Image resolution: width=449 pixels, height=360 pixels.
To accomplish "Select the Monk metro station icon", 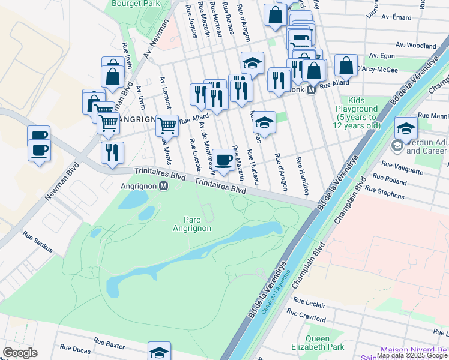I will click(311, 89).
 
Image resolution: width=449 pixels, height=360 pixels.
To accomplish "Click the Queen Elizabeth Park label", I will click(329, 343).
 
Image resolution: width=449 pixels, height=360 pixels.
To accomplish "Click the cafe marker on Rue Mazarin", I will click(224, 160).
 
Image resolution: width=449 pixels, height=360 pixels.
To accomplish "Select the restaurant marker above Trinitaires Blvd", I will click(112, 152).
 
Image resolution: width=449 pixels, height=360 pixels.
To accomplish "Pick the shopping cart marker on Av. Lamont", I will click(167, 125).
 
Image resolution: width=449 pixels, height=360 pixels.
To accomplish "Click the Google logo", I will click(20, 353).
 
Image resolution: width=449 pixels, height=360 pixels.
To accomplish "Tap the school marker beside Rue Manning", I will click(406, 128).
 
